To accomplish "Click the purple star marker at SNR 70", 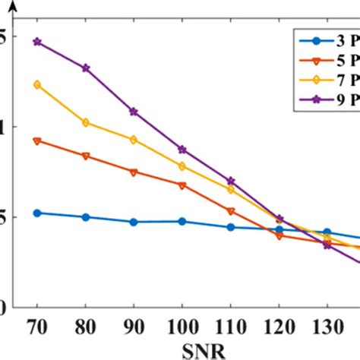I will coord(36,42).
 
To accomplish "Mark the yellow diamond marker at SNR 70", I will coord(36,84).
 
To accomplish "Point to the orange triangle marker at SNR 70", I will coord(36,141).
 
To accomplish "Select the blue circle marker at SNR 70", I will coord(36,213).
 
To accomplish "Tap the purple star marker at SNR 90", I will coord(134,112).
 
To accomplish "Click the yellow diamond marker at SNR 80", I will coord(85,122).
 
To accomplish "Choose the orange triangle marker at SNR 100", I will coord(182,185).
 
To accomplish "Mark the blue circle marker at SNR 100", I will coord(182,221).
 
